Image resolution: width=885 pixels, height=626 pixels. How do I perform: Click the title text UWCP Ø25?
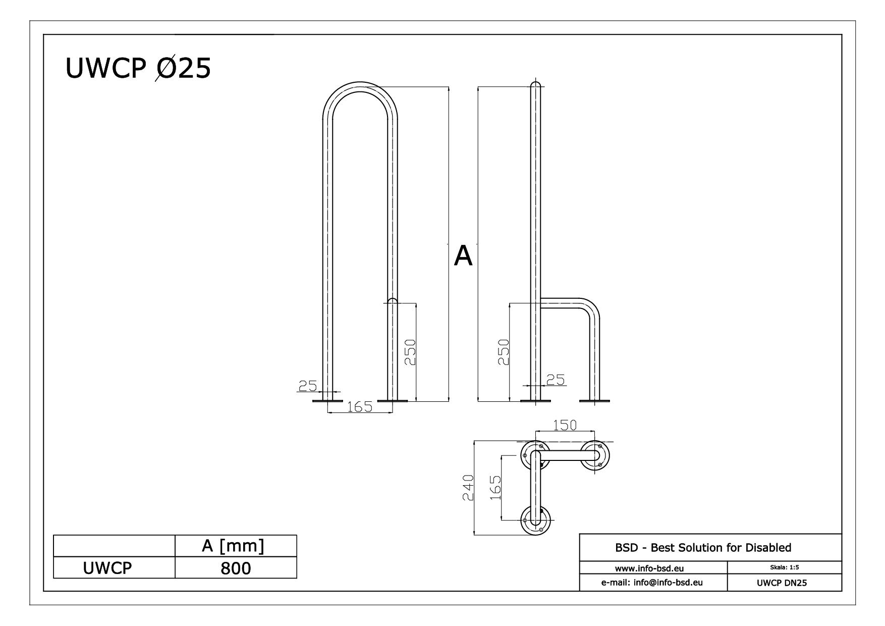click(138, 69)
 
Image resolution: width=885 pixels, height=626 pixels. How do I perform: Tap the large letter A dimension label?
click(463, 256)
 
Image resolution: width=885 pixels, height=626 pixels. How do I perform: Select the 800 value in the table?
click(236, 568)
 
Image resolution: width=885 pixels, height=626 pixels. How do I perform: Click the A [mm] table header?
click(236, 546)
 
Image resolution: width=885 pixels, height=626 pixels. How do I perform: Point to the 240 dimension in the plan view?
click(469, 488)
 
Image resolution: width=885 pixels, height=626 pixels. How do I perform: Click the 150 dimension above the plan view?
click(564, 426)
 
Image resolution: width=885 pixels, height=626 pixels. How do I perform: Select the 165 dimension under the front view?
click(359, 407)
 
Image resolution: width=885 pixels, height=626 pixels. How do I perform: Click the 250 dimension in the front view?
click(410, 352)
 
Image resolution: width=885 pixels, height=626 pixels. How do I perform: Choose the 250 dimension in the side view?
click(503, 352)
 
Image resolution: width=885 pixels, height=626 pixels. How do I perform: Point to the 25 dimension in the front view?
click(307, 386)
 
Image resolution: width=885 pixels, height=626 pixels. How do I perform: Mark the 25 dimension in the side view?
click(556, 380)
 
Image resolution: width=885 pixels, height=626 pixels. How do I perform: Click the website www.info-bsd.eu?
click(653, 568)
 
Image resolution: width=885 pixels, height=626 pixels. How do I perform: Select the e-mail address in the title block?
click(653, 583)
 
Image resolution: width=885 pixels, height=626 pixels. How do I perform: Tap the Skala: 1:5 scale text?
click(784, 567)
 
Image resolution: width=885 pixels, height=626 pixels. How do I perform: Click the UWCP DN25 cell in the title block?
click(784, 583)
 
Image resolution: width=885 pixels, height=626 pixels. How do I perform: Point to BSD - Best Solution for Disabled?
click(710, 548)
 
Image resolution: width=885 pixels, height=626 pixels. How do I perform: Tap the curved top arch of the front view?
click(360, 86)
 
